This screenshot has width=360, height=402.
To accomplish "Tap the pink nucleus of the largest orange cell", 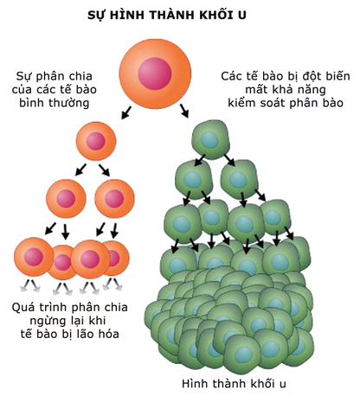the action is (x=155, y=73).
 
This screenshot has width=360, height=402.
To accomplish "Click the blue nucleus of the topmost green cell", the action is (x=210, y=140).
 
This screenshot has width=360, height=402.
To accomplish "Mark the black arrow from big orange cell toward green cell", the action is (x=184, y=111).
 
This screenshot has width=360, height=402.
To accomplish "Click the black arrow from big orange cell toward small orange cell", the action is (x=126, y=112).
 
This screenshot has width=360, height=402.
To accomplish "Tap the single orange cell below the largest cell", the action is (x=96, y=141).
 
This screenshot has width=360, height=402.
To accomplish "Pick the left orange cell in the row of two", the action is (x=66, y=199).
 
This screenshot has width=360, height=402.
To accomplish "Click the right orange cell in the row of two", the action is (x=114, y=199).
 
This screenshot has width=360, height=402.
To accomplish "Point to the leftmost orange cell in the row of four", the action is (x=34, y=257).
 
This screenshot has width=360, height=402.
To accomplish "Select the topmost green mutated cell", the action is (x=210, y=140).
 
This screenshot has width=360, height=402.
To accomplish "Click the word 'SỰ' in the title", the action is (x=95, y=15).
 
